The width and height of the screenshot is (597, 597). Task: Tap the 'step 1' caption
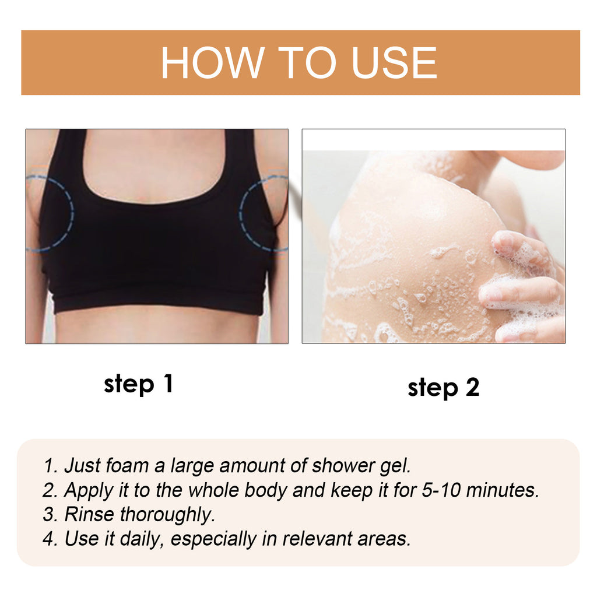coord(138,384)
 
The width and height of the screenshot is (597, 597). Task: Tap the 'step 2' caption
coord(443,387)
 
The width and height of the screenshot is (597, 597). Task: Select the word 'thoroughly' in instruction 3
coord(168,515)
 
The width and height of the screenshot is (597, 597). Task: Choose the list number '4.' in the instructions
coord(51,539)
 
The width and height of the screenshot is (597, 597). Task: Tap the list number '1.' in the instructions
coord(51,466)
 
